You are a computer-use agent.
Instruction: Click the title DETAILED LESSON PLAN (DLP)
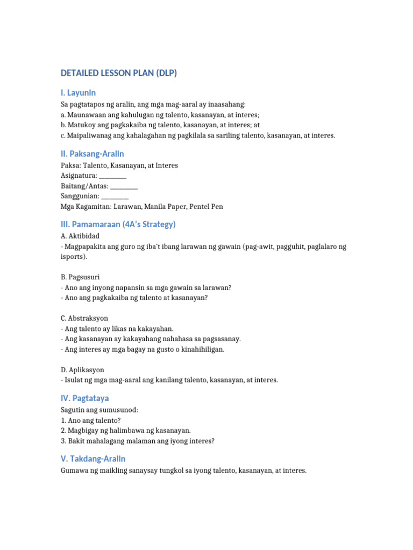pos(118,74)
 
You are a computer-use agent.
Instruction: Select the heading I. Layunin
pos(78,93)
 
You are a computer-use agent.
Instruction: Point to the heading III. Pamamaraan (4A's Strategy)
pos(118,224)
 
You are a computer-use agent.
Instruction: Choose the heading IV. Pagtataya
pos(84,398)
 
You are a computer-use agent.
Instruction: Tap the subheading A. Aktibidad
pos(80,236)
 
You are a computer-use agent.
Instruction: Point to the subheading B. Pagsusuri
pos(80,277)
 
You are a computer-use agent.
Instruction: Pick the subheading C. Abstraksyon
pos(84,318)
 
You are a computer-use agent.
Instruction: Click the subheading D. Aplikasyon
pos(82,370)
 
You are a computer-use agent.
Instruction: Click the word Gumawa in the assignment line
pos(74,471)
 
